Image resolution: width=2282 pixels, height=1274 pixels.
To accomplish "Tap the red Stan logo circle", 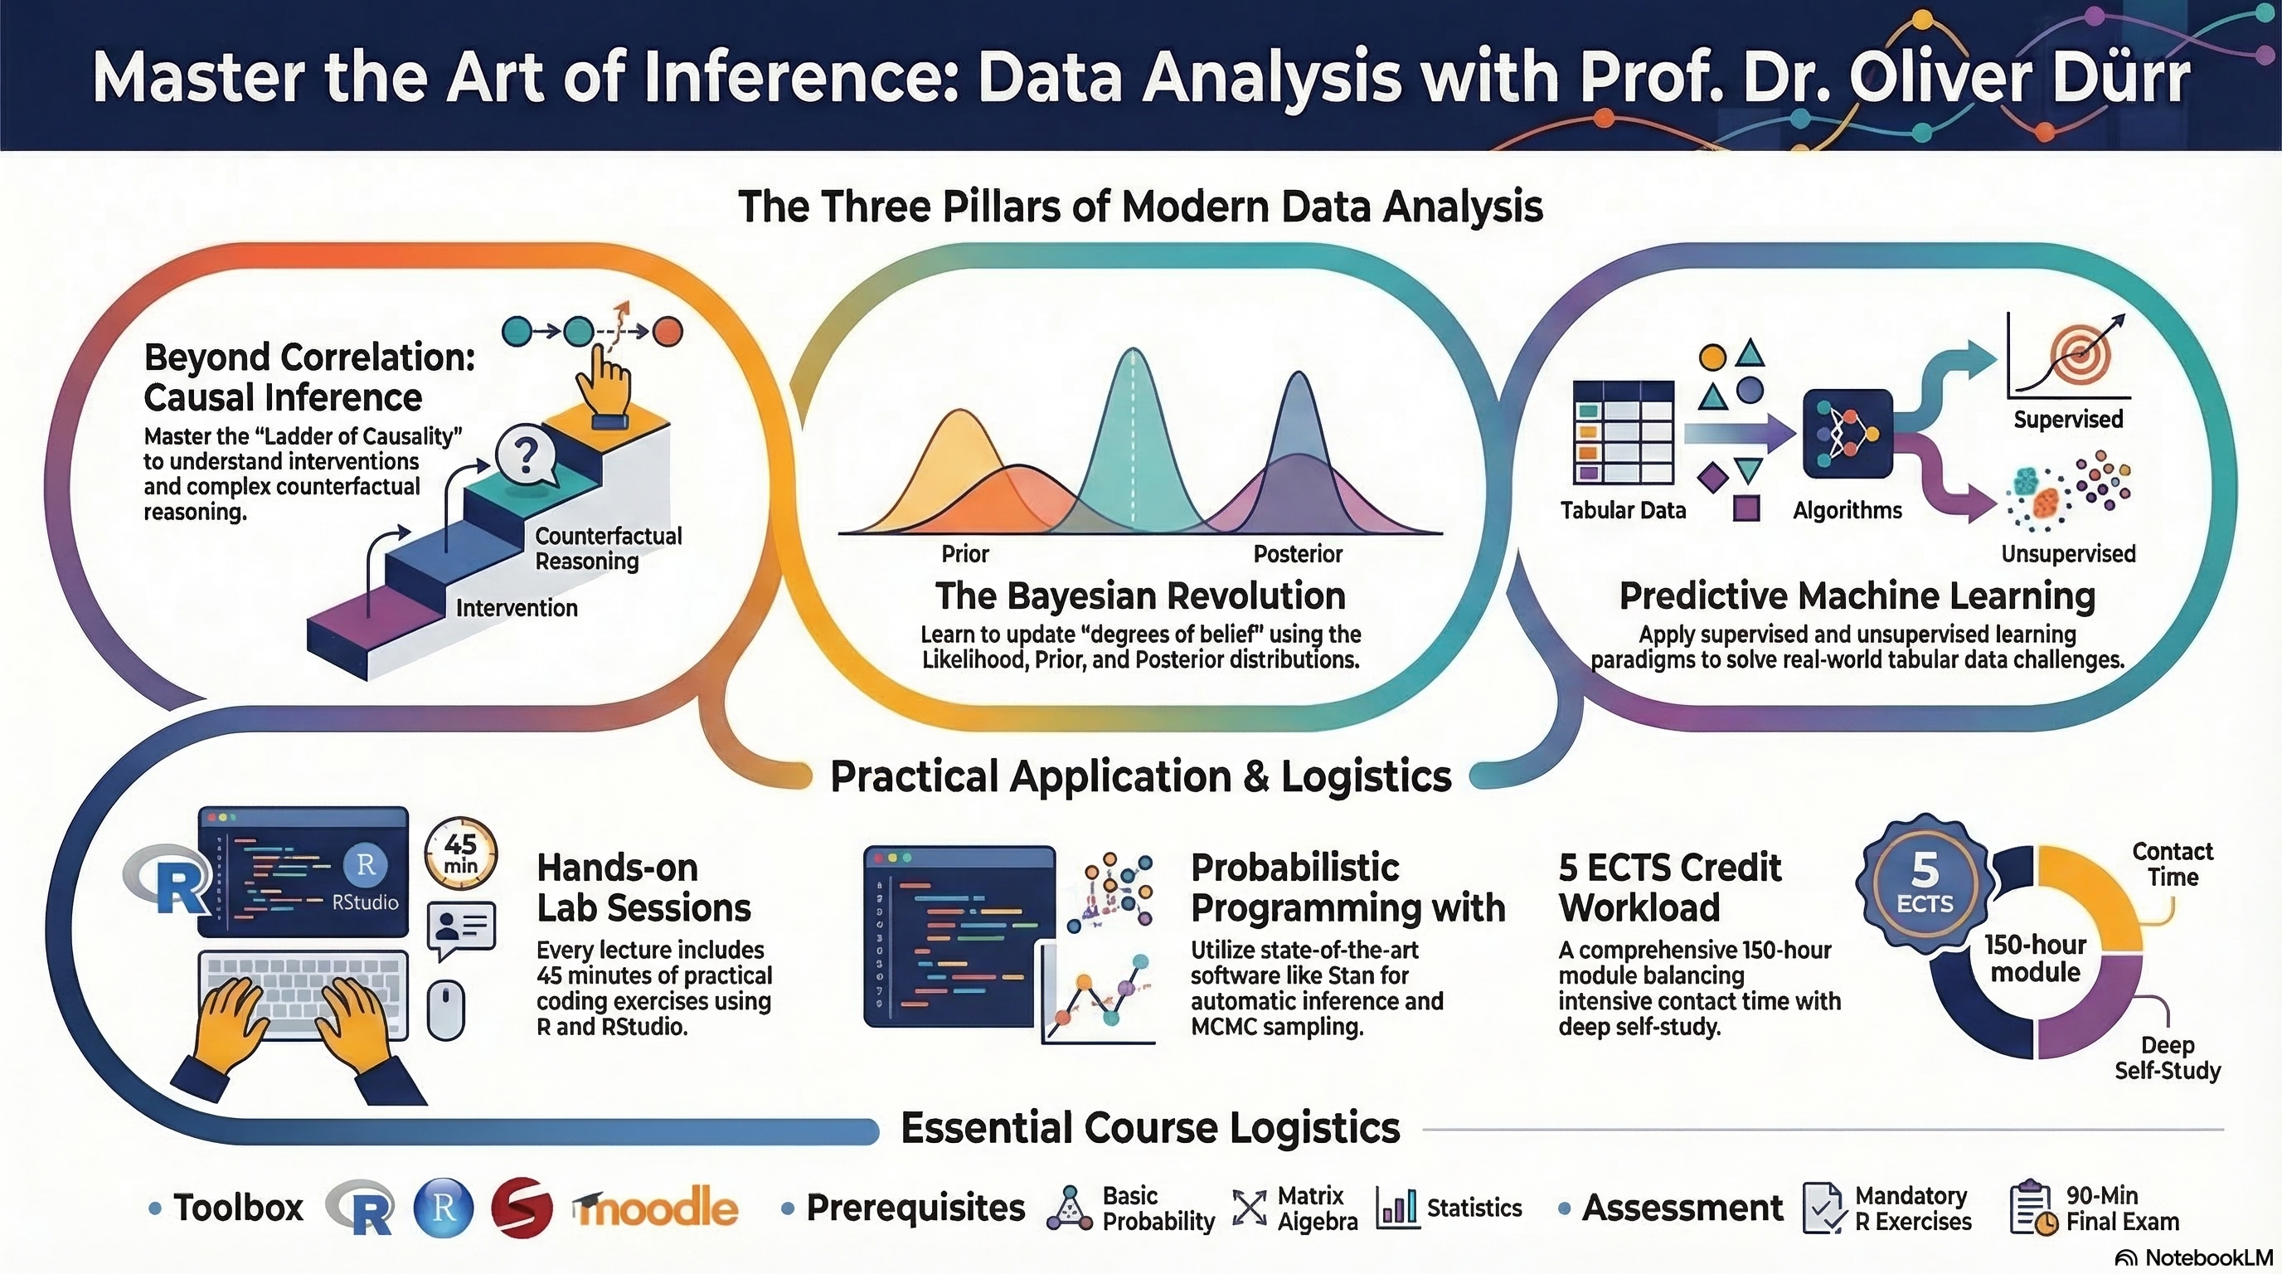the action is click(x=522, y=1208).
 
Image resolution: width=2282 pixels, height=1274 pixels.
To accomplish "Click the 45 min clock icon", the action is click(x=461, y=853).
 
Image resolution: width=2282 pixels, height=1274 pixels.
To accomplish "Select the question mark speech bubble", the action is click(x=527, y=456).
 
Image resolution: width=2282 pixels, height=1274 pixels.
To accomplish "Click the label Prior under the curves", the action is click(x=964, y=554).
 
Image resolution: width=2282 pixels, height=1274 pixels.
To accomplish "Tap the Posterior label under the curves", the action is click(x=1298, y=554).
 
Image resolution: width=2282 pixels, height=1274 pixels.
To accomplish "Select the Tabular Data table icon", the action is click(x=1624, y=431).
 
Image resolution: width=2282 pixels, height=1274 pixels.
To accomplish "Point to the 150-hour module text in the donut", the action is click(x=2035, y=958).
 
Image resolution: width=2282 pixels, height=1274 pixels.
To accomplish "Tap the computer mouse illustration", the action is click(x=445, y=1009).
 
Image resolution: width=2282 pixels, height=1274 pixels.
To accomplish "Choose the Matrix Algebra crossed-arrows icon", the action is click(x=1250, y=1208).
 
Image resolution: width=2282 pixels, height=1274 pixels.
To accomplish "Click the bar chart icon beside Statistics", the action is click(x=1397, y=1208).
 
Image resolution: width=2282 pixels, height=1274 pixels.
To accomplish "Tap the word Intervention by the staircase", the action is click(x=517, y=608).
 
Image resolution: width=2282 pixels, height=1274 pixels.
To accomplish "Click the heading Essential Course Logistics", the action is click(x=1150, y=1128).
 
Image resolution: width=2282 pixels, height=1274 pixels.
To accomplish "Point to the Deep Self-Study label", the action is click(x=2167, y=1058).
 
